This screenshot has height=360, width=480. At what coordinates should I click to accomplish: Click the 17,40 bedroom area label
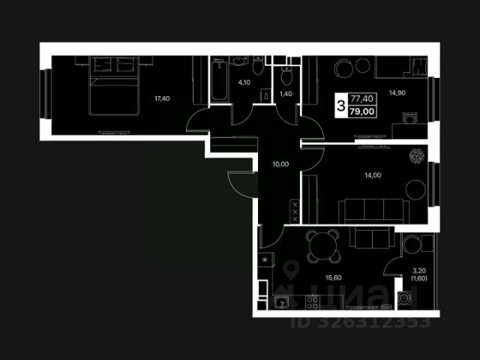pyautogui.click(x=160, y=98)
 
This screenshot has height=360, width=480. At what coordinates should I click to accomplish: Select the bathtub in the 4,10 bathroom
pyautogui.click(x=219, y=82)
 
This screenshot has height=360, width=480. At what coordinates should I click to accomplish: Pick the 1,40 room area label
pyautogui.click(x=285, y=94)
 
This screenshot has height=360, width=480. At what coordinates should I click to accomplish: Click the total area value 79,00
pyautogui.click(x=363, y=112)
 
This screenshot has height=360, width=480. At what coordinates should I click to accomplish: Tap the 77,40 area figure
pyautogui.click(x=363, y=98)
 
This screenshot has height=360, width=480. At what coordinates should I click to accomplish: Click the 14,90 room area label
pyautogui.click(x=397, y=94)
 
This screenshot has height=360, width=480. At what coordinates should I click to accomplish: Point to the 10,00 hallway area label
pyautogui.click(x=280, y=163)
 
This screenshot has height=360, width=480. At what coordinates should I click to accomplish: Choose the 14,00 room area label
pyautogui.click(x=373, y=175)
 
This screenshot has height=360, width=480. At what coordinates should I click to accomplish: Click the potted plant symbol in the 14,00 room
pyautogui.click(x=416, y=156)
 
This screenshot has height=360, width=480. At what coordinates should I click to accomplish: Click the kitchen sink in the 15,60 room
pyautogui.click(x=281, y=302)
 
